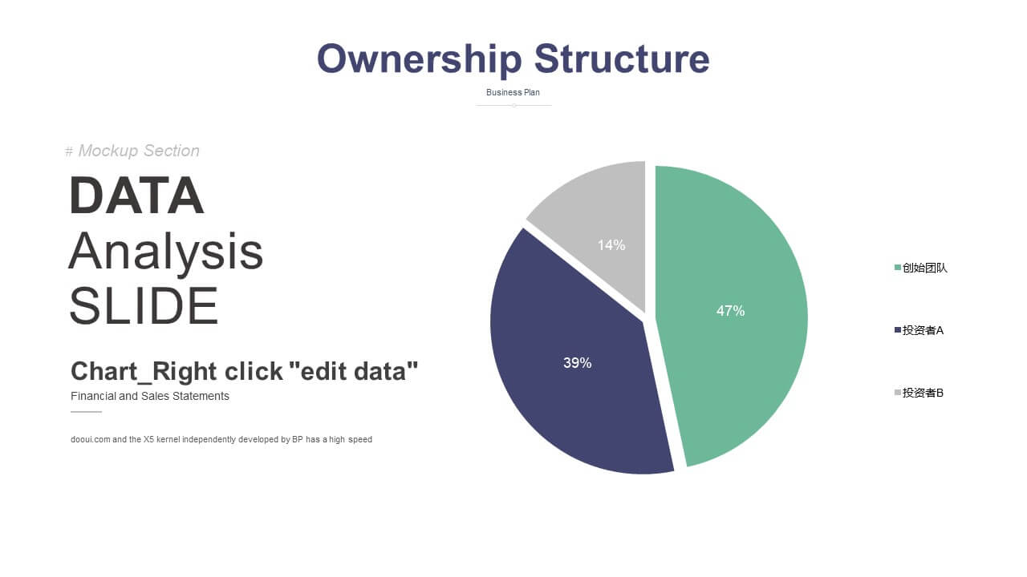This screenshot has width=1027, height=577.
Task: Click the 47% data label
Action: click(730, 311)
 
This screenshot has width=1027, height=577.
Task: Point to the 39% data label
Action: click(577, 363)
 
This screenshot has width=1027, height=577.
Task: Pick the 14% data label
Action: click(611, 245)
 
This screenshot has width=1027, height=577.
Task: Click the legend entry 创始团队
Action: click(920, 268)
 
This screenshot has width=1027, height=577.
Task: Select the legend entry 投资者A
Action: click(919, 330)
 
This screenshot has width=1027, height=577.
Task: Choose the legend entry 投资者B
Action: click(919, 393)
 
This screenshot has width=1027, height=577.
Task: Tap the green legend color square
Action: click(898, 268)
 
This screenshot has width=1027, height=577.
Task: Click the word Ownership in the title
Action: click(420, 59)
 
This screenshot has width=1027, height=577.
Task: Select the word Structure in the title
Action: click(622, 59)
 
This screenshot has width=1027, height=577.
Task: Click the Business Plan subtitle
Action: click(513, 92)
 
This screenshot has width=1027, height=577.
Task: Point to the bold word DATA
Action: click(136, 196)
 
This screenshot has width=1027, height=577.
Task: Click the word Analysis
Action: click(165, 252)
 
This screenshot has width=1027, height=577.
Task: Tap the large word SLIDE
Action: click(144, 306)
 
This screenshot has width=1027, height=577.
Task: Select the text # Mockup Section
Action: click(132, 151)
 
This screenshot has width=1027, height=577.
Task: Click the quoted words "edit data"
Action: click(354, 371)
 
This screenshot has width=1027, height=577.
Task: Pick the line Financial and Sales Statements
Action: click(150, 396)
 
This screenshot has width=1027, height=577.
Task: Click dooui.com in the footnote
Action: click(91, 440)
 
